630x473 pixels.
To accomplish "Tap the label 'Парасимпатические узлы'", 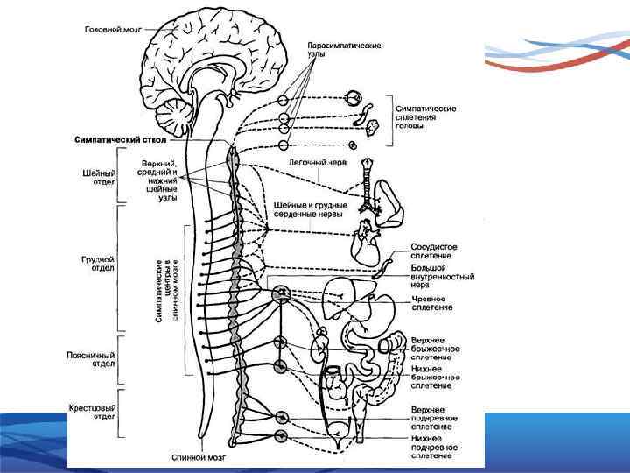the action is (344, 49).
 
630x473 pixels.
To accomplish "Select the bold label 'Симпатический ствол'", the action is (119, 138).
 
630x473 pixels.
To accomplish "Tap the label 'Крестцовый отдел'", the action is (93, 412).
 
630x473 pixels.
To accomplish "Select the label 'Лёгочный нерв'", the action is (318, 164).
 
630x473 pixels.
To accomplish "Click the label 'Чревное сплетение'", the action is (433, 303).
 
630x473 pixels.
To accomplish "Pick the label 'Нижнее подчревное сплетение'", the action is (435, 452).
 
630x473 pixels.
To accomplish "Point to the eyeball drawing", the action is (354, 98).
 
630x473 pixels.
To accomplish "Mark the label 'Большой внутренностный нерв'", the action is (442, 277).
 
